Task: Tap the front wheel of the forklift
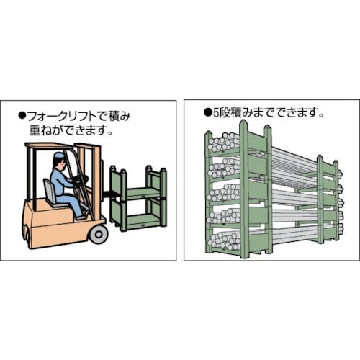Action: click(97, 233)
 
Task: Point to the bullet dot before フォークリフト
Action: click(22, 114)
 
